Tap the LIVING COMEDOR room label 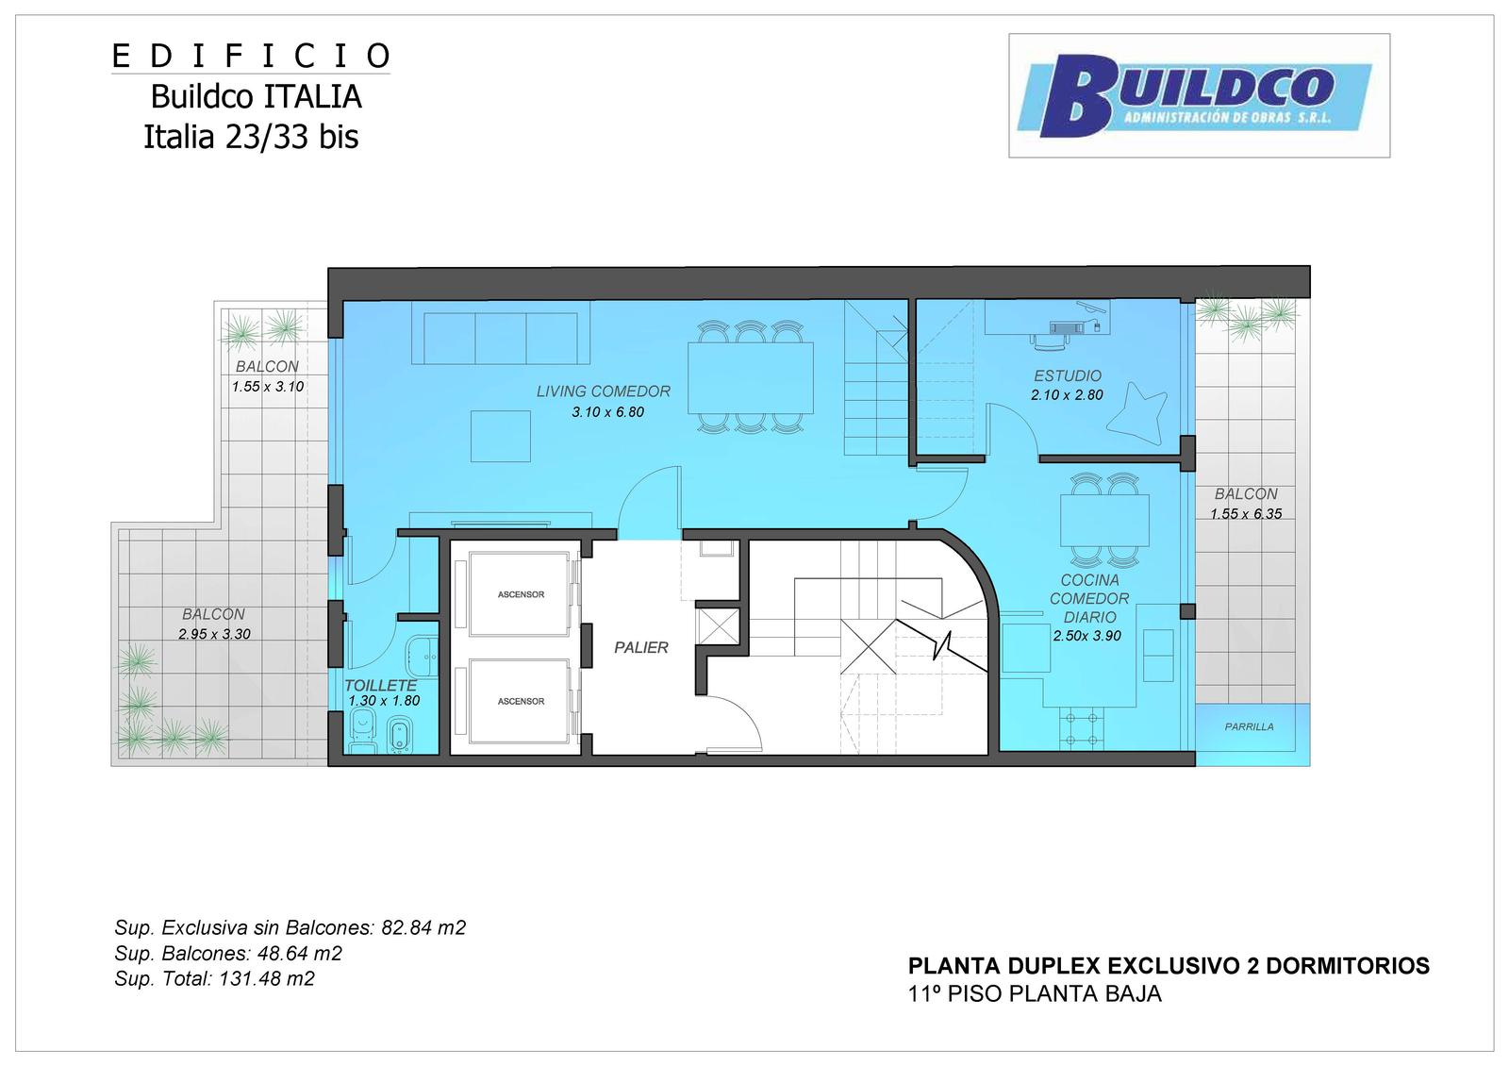pyautogui.click(x=603, y=391)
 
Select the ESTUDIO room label pyautogui.click(x=1068, y=376)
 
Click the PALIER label pyautogui.click(x=640, y=647)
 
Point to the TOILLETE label pyautogui.click(x=381, y=685)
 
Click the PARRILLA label pyautogui.click(x=1249, y=727)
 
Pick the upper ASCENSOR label pyautogui.click(x=521, y=594)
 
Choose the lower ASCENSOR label pyautogui.click(x=521, y=702)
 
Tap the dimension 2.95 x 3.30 pyautogui.click(x=214, y=634)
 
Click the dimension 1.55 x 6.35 pyautogui.click(x=1246, y=514)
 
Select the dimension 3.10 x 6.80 pyautogui.click(x=607, y=412)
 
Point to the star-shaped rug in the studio pyautogui.click(x=1136, y=413)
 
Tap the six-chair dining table pyautogui.click(x=750, y=377)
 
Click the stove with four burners pyautogui.click(x=1080, y=728)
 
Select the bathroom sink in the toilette pyautogui.click(x=422, y=656)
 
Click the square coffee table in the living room pyautogui.click(x=501, y=436)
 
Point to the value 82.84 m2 pyautogui.click(x=423, y=928)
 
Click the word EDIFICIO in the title pyautogui.click(x=251, y=57)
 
